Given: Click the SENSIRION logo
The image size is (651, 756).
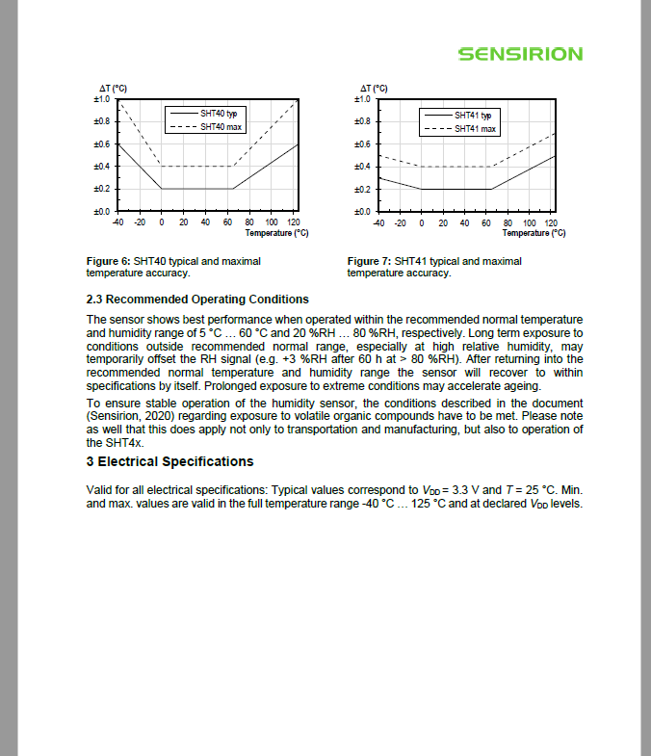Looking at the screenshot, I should [520, 54].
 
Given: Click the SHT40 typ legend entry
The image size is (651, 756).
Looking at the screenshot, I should [217, 114].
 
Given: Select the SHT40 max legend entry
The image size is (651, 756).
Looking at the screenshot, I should [217, 126].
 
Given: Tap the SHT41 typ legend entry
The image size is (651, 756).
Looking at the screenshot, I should [473, 116].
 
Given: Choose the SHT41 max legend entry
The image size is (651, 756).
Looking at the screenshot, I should [475, 128].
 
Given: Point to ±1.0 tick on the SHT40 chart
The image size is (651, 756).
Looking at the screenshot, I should [101, 99].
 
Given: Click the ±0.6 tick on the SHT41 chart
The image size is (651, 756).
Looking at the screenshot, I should [362, 143].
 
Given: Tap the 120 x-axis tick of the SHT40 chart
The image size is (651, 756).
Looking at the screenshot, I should [294, 222].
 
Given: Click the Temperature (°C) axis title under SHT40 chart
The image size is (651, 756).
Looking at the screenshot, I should [276, 232].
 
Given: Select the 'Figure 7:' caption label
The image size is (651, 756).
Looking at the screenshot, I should [370, 261].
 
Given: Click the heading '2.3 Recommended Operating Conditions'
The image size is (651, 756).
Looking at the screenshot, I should [197, 299].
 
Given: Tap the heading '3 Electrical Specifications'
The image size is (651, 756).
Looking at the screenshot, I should [169, 461].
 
